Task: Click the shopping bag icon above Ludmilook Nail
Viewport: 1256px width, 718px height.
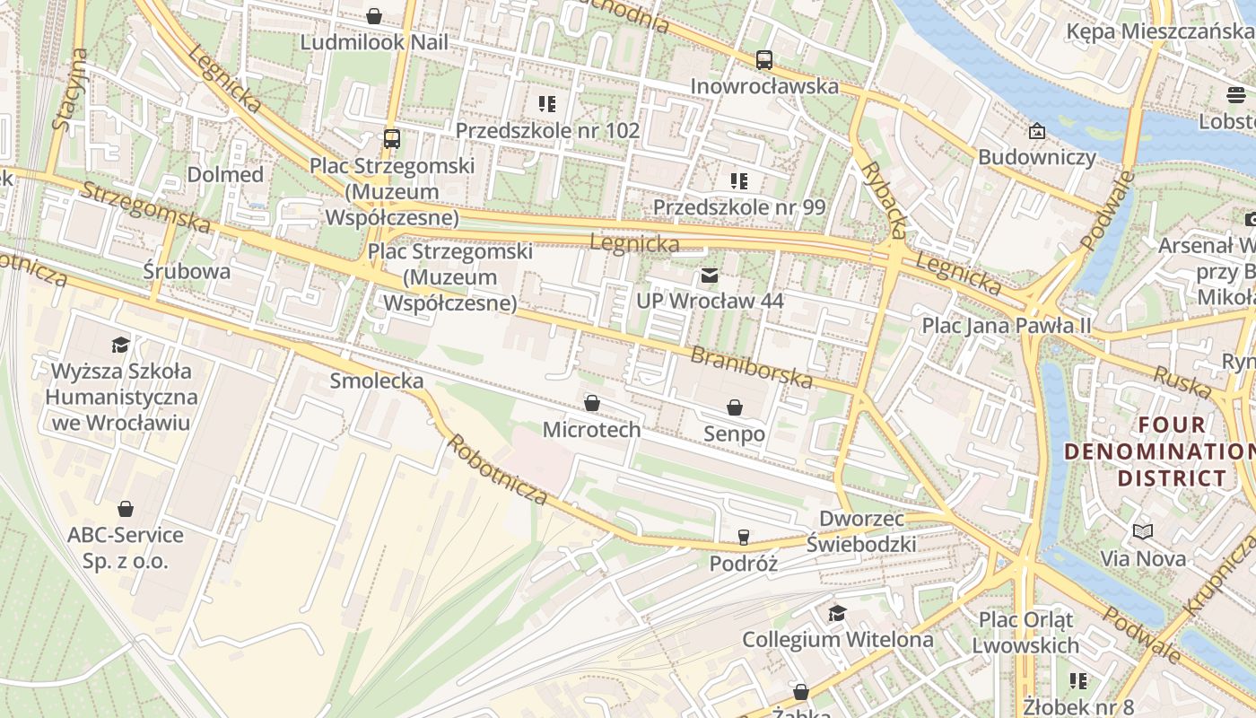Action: (x=374, y=16)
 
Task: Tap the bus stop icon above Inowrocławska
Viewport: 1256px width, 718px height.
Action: (x=763, y=60)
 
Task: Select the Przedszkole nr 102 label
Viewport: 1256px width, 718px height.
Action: (x=547, y=130)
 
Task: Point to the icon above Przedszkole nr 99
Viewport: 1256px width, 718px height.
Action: (x=738, y=181)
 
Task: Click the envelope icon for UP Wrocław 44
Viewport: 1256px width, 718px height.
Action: (x=710, y=276)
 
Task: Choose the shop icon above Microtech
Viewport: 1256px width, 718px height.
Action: (x=591, y=403)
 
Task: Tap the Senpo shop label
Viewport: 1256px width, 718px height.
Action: (x=734, y=434)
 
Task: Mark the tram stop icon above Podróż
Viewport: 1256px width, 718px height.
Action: (x=743, y=538)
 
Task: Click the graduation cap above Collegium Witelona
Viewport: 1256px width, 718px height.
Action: (x=837, y=613)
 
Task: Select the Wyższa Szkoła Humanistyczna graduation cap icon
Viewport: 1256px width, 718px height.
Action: (x=119, y=345)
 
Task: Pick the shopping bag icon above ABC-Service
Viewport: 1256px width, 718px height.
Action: (x=126, y=510)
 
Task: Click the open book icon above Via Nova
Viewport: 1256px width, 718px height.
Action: (x=1142, y=532)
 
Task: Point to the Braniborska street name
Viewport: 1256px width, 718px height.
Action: (x=751, y=368)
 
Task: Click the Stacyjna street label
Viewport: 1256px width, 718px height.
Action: (x=70, y=90)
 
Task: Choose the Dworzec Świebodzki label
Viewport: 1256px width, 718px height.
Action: (x=867, y=531)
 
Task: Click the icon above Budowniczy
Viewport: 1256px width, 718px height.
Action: (x=1037, y=132)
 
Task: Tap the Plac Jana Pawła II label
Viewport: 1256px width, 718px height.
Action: (x=1007, y=325)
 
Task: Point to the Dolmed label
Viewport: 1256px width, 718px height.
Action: (x=225, y=174)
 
